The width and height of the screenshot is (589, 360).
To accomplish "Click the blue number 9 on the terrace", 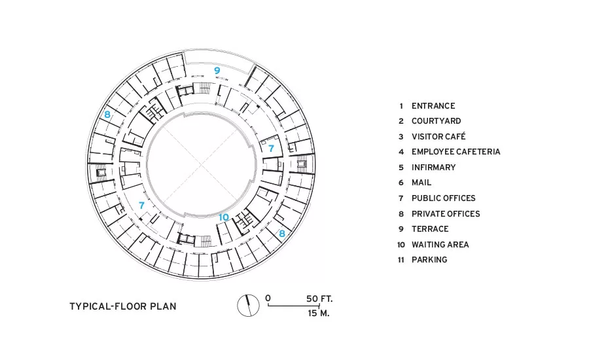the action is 217,70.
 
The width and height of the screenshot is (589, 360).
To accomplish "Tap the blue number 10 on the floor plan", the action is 224,217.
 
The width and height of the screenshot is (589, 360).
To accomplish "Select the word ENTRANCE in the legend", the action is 433,106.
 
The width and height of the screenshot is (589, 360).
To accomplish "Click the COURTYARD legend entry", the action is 436,121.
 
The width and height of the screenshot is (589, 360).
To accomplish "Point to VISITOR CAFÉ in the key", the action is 438,136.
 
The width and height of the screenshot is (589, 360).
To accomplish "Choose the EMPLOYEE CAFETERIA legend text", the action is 456,152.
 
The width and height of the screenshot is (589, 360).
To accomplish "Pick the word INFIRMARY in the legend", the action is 433,167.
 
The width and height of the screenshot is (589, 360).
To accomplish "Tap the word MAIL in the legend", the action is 421,183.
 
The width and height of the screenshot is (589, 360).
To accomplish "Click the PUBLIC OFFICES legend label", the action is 444,198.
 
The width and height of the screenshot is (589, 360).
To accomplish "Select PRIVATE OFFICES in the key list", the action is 446,214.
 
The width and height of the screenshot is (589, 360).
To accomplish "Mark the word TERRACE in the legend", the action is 430,229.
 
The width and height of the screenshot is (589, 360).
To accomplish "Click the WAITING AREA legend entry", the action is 440,245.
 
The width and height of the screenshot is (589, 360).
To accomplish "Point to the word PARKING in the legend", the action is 429,260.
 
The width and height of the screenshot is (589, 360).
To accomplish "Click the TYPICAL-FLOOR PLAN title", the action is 123,306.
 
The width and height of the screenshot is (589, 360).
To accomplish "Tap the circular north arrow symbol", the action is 248,306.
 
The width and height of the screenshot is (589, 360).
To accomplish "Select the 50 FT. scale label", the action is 319,298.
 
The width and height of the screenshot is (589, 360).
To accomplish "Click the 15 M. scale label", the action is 319,313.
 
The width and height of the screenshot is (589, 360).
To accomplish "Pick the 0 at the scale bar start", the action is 268,298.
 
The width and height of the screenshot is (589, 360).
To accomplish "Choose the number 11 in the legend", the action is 401,260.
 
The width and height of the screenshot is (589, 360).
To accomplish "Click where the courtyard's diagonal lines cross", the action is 202,164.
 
